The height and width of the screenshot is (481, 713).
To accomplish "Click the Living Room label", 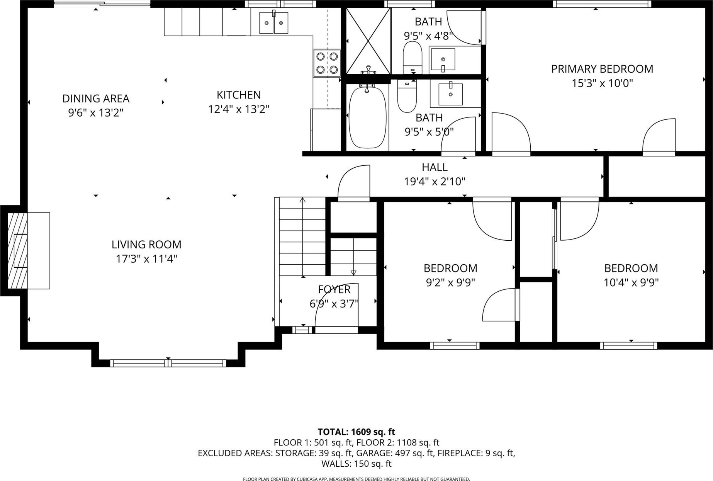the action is (146, 245).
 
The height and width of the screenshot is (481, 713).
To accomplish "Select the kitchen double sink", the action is (274, 23).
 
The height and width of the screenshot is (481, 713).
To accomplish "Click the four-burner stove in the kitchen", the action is (327, 63).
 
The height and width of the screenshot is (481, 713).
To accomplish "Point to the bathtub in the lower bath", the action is (367, 117).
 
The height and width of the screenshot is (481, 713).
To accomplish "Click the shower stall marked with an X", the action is (368, 41).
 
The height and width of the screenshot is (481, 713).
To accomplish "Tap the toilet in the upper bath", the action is (413, 58).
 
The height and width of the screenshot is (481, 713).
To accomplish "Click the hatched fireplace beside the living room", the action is (18, 250).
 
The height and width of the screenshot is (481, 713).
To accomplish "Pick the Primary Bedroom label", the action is (602, 69).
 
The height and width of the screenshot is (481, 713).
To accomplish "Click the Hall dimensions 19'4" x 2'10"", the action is (435, 181).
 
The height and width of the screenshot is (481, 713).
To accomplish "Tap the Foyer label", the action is (334, 289).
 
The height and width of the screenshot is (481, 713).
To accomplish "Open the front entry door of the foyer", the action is (336, 330).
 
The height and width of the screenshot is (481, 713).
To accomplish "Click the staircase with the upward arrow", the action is (302, 238).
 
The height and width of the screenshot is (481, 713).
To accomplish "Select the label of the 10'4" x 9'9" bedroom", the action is (631, 268).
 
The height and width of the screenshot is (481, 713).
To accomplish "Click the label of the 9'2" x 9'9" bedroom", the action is (450, 268).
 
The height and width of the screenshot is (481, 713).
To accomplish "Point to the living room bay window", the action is (168, 363).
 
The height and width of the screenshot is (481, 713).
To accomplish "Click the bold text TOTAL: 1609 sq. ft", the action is (356, 432).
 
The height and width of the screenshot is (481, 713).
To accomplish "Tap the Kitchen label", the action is (239, 95).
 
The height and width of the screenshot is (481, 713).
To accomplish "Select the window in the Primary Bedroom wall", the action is (602, 4).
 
